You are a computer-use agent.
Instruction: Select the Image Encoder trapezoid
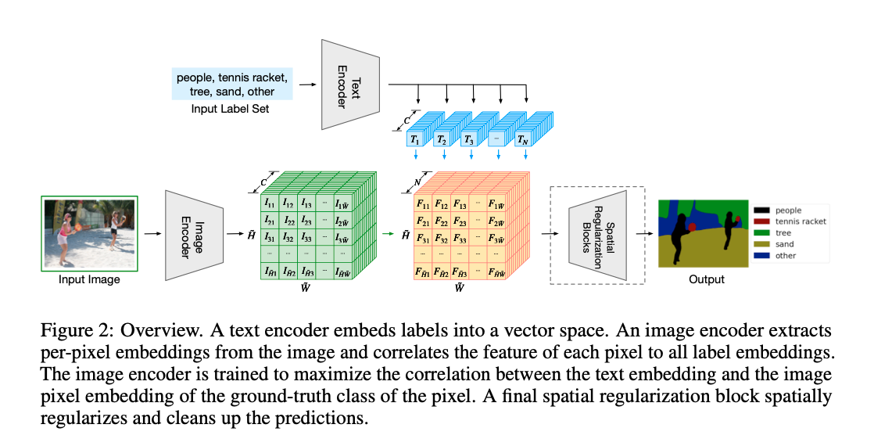195,233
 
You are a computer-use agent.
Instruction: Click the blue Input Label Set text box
232,85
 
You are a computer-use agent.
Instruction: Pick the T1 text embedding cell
415,139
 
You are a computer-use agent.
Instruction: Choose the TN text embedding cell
522,139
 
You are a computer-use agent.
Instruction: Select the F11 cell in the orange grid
422,204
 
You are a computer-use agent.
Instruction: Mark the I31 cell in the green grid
270,238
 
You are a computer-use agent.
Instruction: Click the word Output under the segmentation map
706,279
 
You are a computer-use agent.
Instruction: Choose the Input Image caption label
89,279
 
